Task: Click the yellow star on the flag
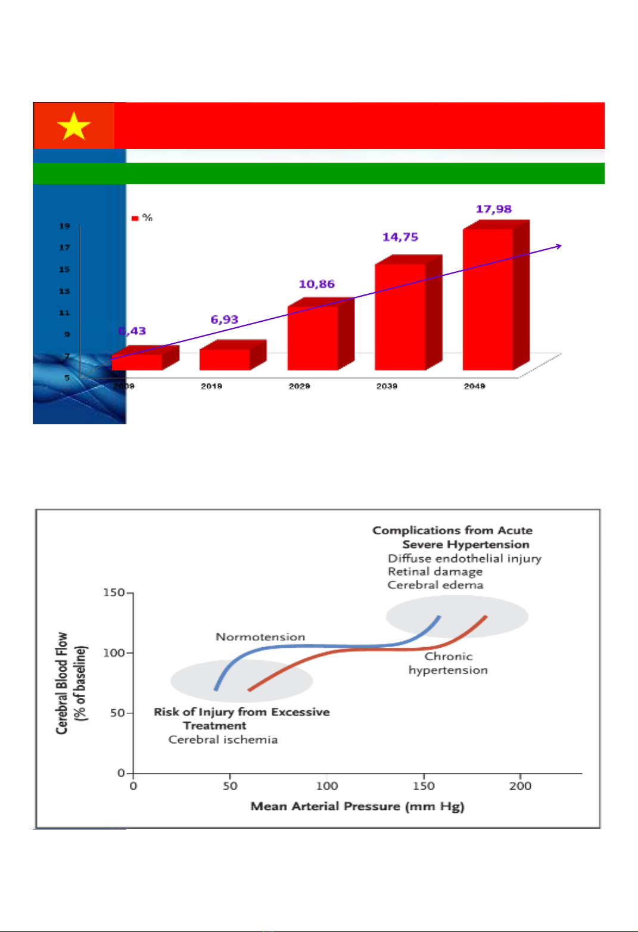[x=73, y=126]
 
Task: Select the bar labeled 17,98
[x=488, y=298]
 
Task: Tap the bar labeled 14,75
[x=400, y=316]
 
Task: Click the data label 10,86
[x=317, y=284]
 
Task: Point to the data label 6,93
[x=225, y=320]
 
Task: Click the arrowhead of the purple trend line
[x=559, y=246]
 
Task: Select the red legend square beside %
[x=135, y=218]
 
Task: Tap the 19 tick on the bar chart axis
[x=64, y=226]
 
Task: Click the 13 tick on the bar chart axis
[x=64, y=291]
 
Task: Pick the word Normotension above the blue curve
[x=260, y=637]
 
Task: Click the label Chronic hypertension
[x=448, y=663]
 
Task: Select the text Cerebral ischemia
[x=223, y=740]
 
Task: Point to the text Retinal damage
[x=435, y=571]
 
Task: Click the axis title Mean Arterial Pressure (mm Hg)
[x=357, y=806]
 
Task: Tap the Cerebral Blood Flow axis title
[x=71, y=683]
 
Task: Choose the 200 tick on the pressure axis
[x=520, y=786]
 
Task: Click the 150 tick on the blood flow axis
[x=114, y=593]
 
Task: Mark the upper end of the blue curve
[x=439, y=617]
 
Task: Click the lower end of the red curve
[x=249, y=690]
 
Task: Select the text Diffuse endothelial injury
[x=465, y=558]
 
